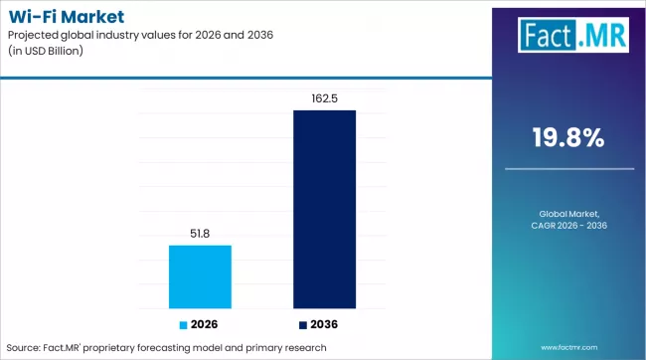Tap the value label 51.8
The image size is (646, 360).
tap(200, 234)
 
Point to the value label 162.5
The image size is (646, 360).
tap(324, 98)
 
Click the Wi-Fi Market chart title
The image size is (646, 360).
tap(63, 16)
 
